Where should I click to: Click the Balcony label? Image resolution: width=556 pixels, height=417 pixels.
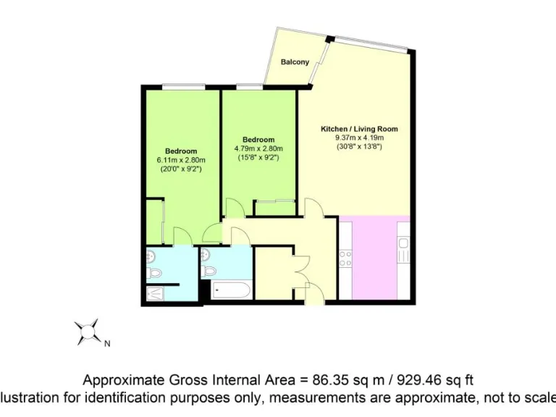(295, 62)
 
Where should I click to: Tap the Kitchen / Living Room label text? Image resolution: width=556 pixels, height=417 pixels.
(359, 129)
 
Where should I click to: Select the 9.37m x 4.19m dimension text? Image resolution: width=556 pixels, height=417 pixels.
(359, 138)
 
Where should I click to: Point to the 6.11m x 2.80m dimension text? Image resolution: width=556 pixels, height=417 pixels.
(181, 160)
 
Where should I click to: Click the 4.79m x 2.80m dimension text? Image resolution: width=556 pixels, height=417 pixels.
(258, 149)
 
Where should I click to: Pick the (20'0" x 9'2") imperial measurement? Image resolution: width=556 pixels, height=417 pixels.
(181, 169)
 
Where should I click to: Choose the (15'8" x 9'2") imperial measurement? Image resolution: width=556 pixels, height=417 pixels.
(258, 158)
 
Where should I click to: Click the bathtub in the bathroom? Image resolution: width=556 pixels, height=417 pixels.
(232, 291)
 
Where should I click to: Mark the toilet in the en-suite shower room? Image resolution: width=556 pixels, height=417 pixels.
(151, 272)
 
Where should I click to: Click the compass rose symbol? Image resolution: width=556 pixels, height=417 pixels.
(89, 332)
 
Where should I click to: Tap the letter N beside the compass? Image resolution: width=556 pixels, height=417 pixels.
(107, 344)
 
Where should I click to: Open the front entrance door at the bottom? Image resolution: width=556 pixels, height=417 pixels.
(313, 293)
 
